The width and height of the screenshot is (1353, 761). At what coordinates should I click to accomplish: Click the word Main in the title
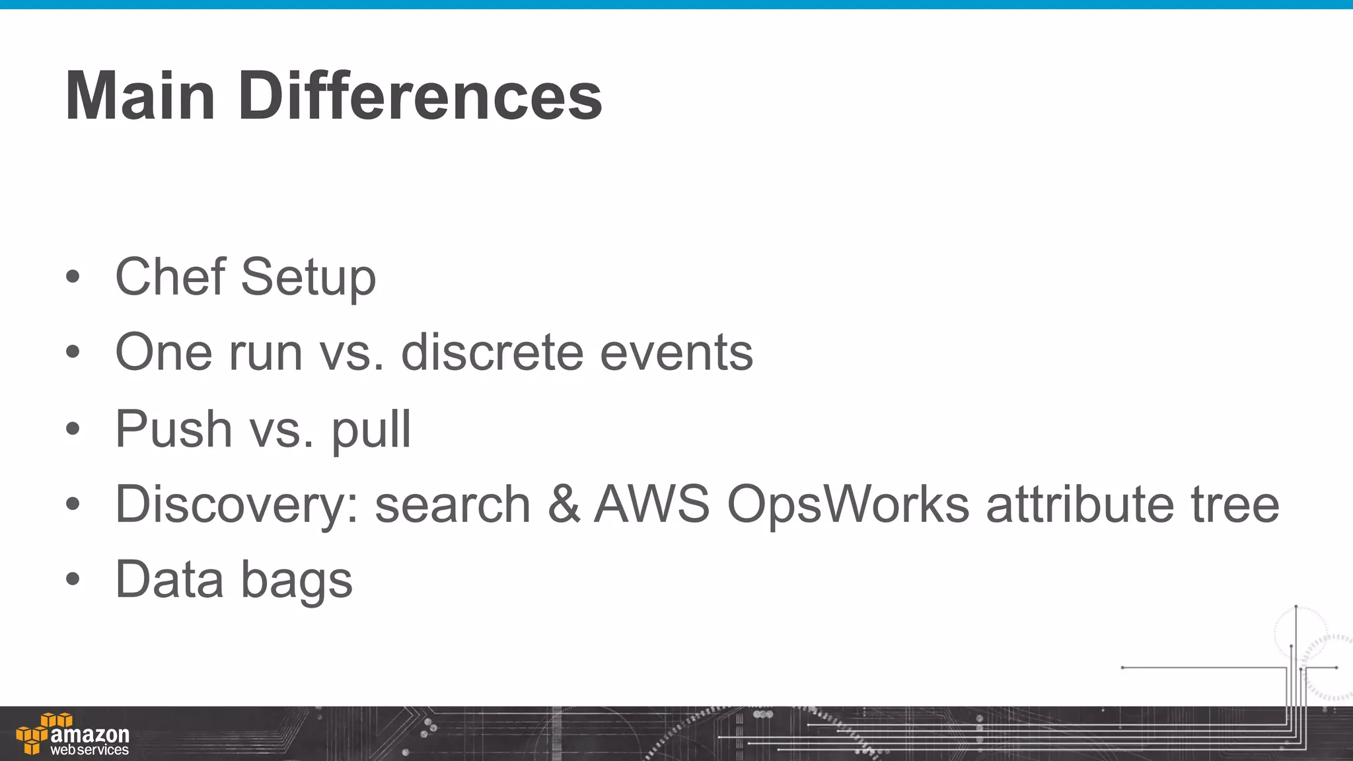tap(141, 96)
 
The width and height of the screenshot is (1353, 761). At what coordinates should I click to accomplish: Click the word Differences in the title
tap(420, 96)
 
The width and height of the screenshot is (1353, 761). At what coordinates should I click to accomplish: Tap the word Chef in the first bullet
tap(170, 277)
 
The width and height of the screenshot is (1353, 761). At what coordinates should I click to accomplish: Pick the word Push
tap(174, 429)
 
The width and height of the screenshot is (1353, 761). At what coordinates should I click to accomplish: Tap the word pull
tap(371, 430)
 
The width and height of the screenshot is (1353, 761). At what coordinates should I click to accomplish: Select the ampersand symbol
tap(563, 505)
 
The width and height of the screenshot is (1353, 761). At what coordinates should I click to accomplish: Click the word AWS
tap(651, 505)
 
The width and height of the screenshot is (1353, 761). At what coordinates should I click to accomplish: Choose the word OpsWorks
tap(848, 505)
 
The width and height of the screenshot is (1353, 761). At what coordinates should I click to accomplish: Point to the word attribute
tap(1080, 505)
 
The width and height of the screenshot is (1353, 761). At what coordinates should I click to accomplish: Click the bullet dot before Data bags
tap(73, 579)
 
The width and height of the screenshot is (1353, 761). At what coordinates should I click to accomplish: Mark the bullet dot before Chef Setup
tap(73, 277)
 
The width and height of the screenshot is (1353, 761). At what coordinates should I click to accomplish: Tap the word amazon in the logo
tap(90, 735)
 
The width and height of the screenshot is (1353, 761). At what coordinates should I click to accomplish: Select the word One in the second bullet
tap(163, 353)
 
